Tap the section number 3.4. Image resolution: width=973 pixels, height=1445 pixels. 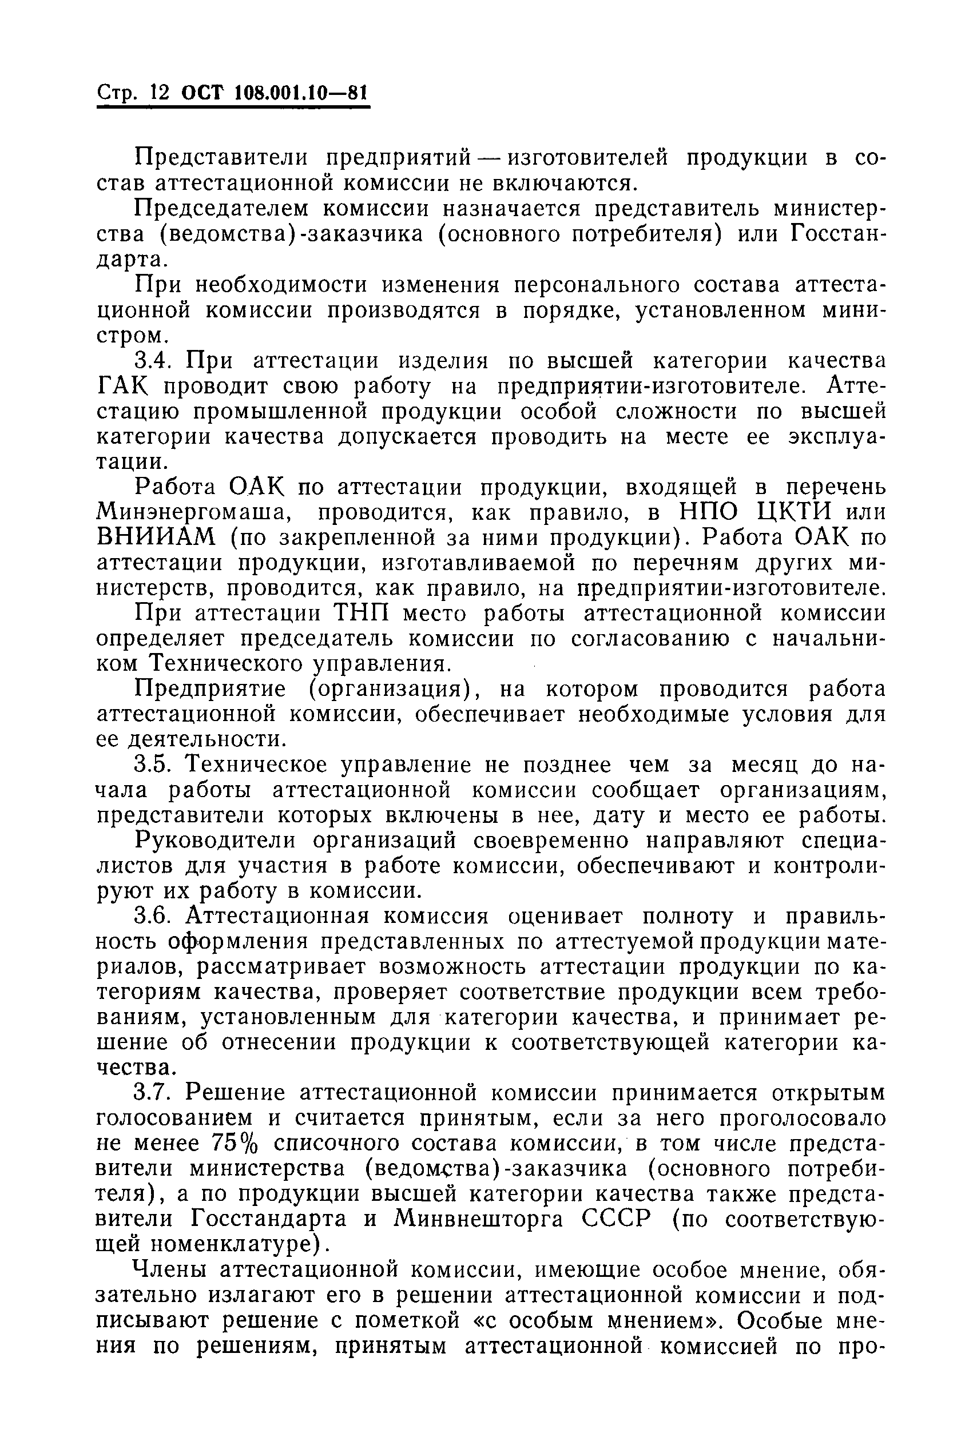click(x=156, y=360)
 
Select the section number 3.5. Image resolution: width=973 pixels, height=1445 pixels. click(x=156, y=765)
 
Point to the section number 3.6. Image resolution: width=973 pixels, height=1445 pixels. click(x=156, y=916)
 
